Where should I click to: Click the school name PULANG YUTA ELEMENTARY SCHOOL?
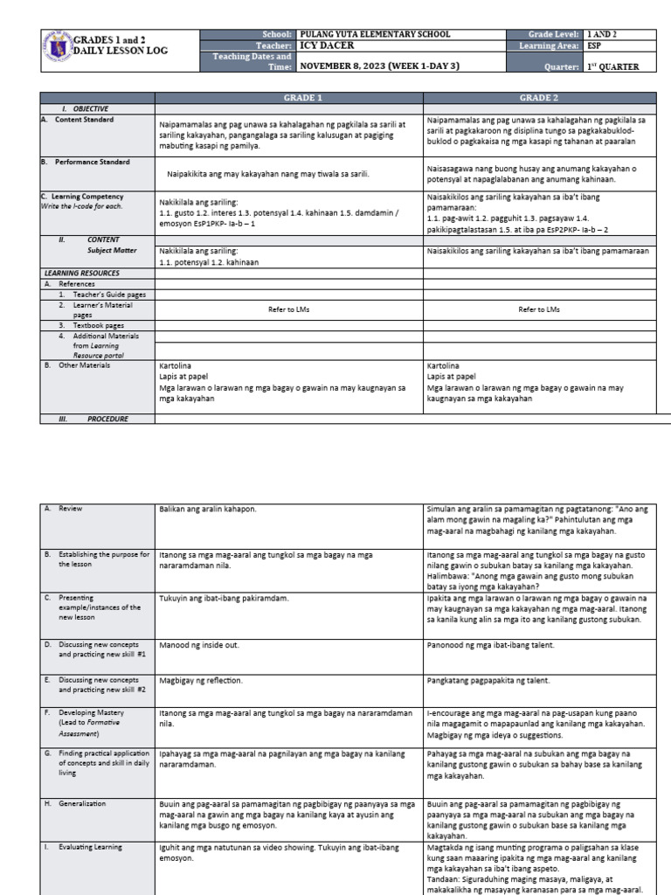click(x=375, y=34)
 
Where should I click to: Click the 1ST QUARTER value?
click(x=614, y=66)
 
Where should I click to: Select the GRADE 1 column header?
click(x=289, y=98)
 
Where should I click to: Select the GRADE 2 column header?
click(x=541, y=98)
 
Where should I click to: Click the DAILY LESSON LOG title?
click(x=120, y=52)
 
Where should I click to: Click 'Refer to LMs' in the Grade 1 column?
click(x=289, y=309)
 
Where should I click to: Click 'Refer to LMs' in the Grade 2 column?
click(x=539, y=309)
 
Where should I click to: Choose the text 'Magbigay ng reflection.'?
click(x=201, y=679)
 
